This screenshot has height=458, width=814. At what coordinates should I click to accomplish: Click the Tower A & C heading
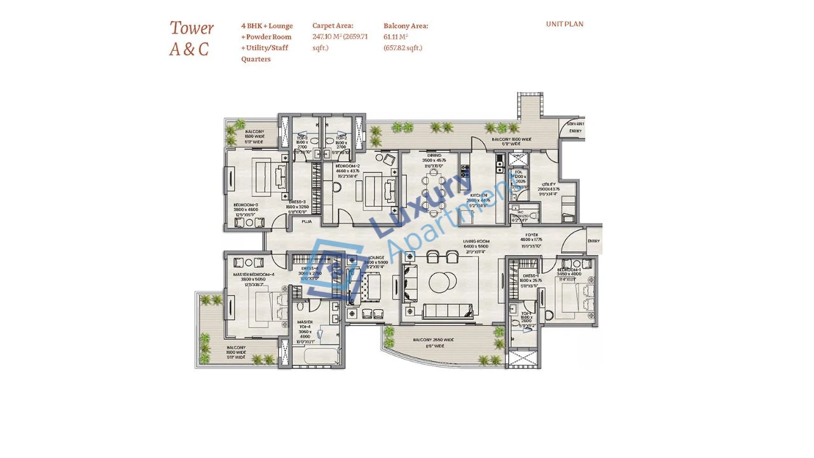coord(191,38)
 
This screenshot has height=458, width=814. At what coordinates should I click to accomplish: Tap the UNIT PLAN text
coord(564,24)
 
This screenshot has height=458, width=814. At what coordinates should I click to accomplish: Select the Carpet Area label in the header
coord(333,26)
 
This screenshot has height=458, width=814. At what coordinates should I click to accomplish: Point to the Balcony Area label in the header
coord(406,26)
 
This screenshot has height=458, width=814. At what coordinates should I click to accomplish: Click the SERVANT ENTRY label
coord(576,127)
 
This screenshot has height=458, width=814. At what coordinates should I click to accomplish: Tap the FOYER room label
coord(532,235)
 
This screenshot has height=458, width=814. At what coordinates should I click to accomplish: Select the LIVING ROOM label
coord(476,242)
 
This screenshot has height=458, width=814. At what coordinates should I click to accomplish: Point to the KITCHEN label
coord(479,195)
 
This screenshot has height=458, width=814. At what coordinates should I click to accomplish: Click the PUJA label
coord(307,222)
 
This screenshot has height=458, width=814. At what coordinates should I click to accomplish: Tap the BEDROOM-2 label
coord(347,166)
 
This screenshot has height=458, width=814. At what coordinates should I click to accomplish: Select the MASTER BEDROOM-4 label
coord(253,275)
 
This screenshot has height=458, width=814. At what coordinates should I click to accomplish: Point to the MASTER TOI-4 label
coord(305,323)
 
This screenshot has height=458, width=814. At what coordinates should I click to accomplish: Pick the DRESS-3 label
coord(297,202)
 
